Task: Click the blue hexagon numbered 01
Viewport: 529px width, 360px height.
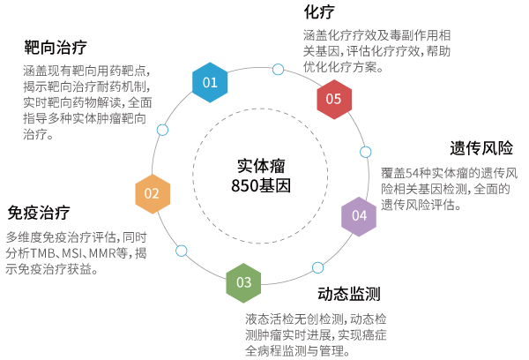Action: tap(210, 82)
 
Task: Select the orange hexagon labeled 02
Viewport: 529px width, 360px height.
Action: tap(152, 193)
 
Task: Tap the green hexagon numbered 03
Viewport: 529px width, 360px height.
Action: tap(243, 283)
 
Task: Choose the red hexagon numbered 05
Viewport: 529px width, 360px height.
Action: tap(334, 99)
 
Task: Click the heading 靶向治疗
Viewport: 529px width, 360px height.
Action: tap(56, 47)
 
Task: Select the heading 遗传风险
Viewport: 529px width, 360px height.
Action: tap(481, 147)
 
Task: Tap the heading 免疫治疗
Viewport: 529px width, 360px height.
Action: tap(39, 213)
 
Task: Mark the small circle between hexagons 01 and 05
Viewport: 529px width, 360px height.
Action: tap(279, 69)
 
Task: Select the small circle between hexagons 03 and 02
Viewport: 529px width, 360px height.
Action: tap(182, 251)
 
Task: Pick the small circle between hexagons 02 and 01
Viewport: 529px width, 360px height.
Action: tap(162, 130)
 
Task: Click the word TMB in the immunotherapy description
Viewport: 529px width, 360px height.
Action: tap(45, 252)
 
